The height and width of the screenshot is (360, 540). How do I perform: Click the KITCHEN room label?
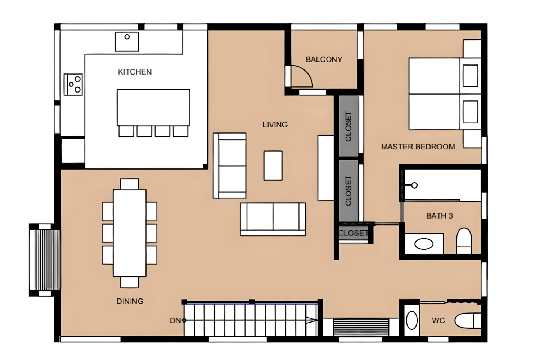135,72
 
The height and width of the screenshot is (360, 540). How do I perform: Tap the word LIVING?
275,125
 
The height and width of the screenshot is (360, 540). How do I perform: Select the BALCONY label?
324,59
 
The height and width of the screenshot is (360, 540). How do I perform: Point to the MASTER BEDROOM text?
418,147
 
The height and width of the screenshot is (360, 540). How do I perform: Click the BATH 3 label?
440,216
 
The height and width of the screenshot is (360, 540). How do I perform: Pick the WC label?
438,320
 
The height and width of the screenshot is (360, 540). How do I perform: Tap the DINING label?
130,301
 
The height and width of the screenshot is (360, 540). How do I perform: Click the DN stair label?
175,320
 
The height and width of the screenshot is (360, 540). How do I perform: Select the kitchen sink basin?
127,42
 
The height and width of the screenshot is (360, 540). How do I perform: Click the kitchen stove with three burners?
73,84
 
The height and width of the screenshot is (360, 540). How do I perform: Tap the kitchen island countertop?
153,108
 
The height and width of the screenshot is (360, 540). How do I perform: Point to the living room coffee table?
273,166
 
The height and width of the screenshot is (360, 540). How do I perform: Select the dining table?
130,233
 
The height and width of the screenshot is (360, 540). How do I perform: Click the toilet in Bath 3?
464,240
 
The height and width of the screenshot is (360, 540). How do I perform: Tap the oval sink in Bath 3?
424,244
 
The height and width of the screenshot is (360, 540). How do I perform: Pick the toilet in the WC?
468,320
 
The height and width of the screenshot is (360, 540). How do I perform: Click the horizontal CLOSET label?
354,233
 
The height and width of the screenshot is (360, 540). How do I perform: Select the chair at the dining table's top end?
130,184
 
